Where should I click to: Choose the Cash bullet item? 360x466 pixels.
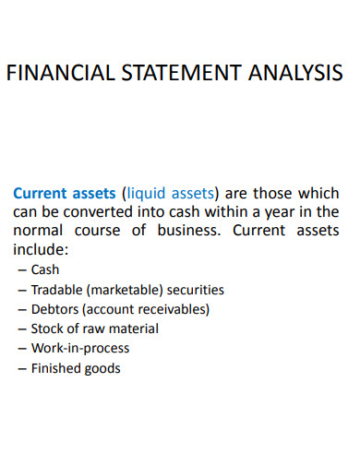click(45, 270)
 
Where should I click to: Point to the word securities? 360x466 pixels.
click(194, 290)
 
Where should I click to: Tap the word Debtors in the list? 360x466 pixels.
click(55, 309)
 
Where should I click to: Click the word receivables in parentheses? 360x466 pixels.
click(172, 309)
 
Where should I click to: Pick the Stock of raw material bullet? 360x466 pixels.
click(94, 329)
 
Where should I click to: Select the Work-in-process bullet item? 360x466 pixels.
click(80, 348)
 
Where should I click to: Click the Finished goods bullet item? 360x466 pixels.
click(76, 368)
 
